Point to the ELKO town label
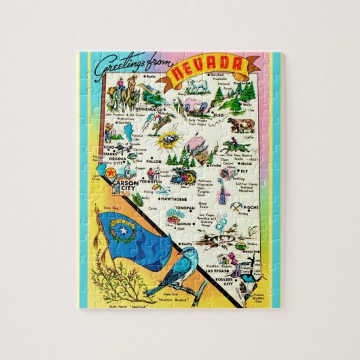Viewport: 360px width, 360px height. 221,115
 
